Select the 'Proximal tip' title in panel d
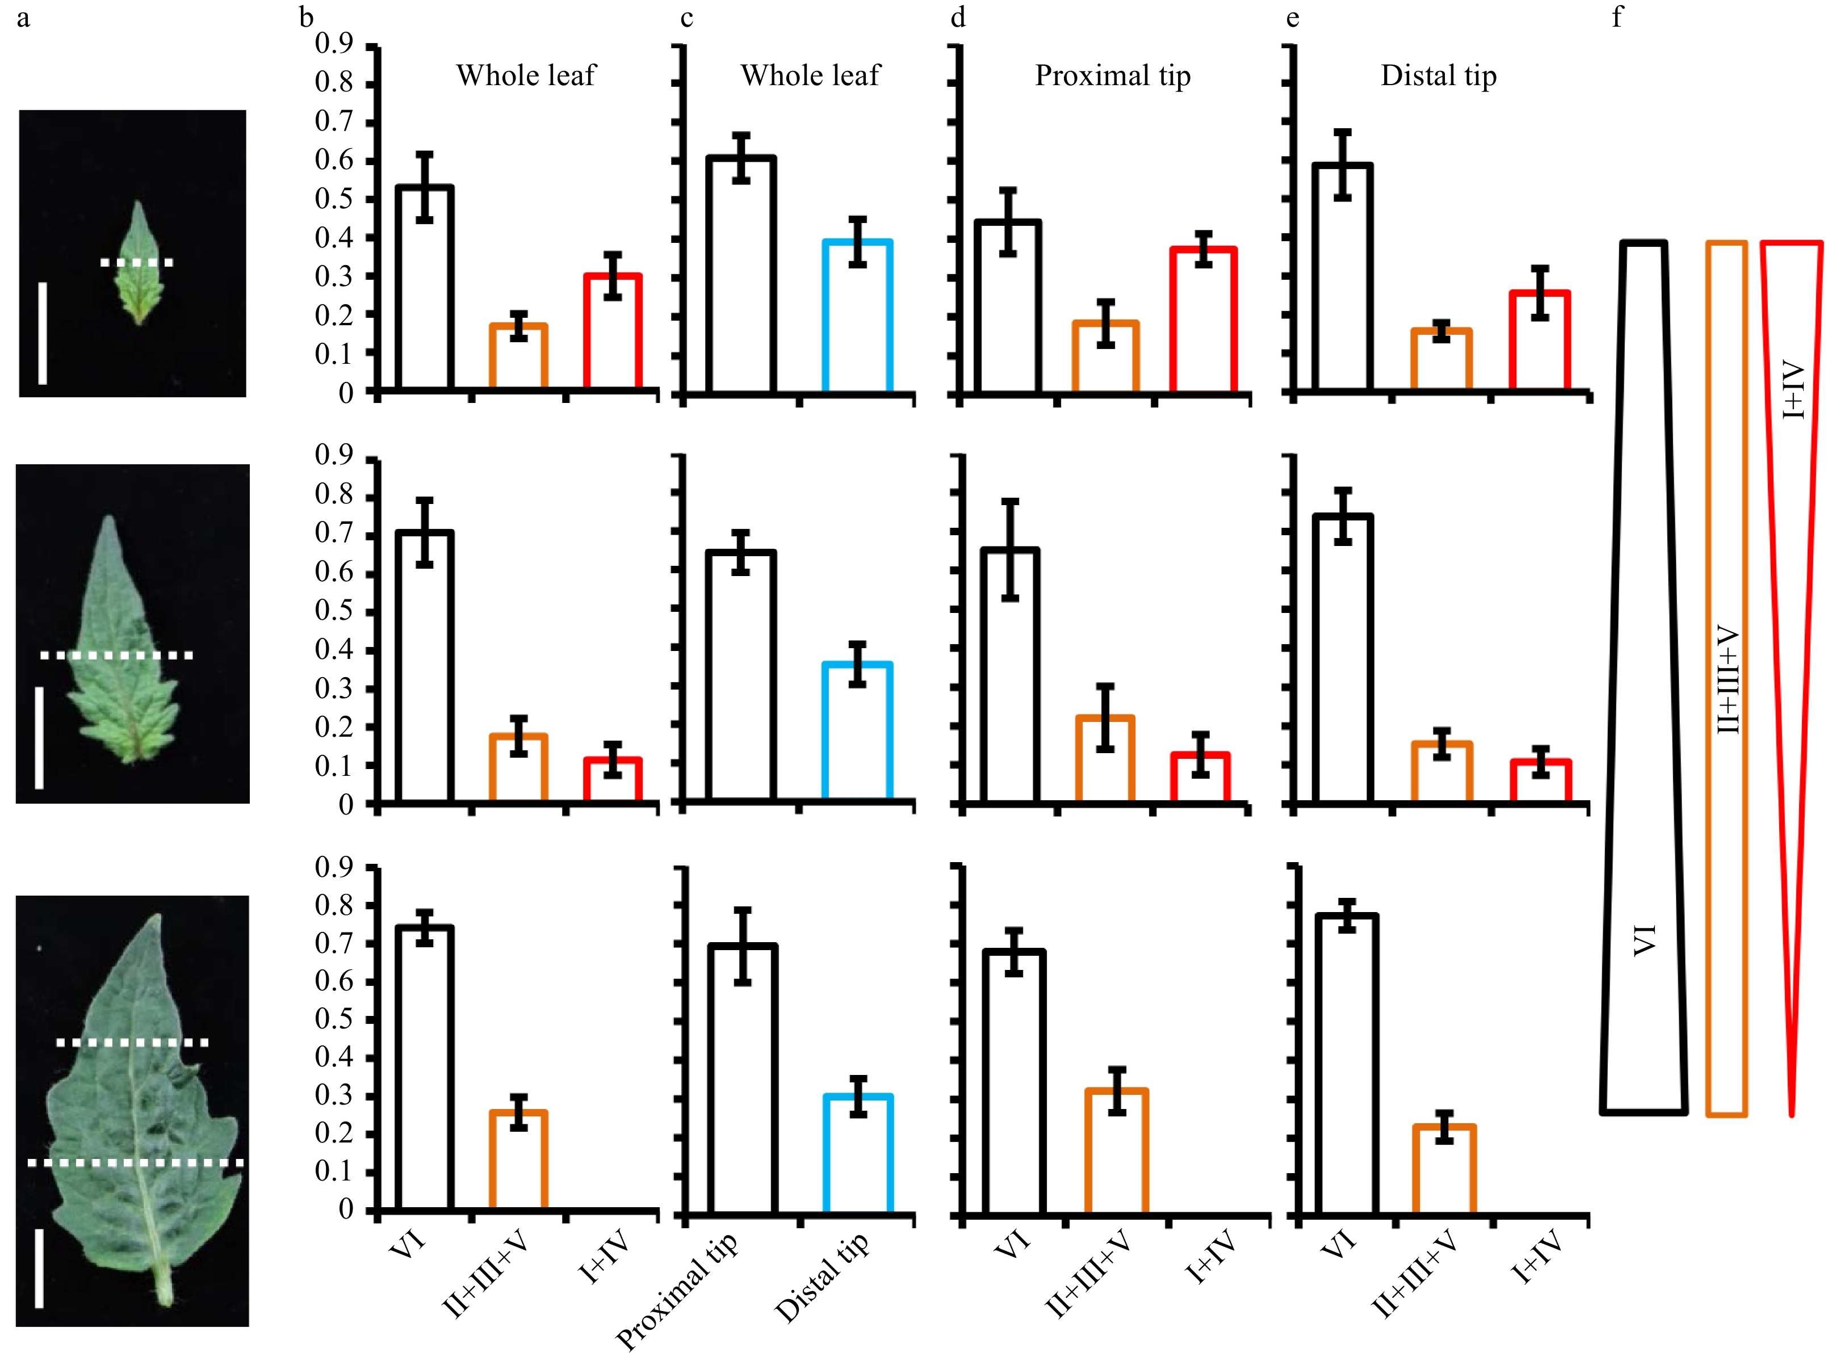[1112, 76]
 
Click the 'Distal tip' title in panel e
[1438, 76]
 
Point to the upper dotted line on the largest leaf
[132, 1043]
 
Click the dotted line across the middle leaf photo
[116, 656]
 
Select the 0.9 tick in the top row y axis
[334, 44]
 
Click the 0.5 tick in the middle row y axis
[334, 611]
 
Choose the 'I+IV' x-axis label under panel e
[1537, 1257]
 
